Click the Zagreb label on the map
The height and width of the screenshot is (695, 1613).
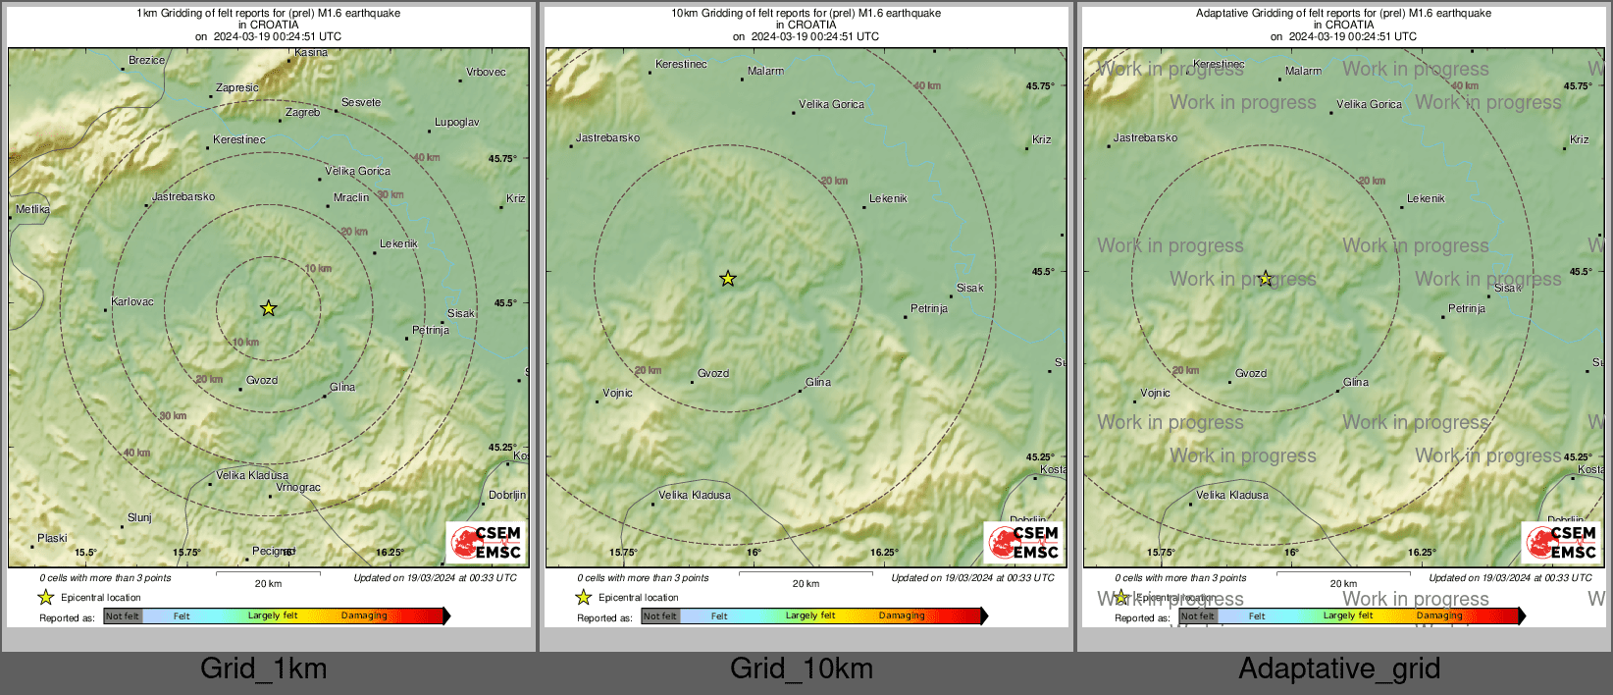(x=302, y=113)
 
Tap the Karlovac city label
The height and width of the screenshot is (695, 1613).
(x=132, y=302)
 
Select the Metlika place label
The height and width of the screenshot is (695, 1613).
(x=32, y=210)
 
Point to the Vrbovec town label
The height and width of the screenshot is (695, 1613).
(x=486, y=73)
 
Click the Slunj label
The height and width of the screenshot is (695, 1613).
(x=139, y=518)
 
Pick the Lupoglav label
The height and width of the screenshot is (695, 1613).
(x=456, y=123)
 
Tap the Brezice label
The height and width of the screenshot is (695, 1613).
(x=147, y=61)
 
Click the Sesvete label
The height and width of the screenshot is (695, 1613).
(x=361, y=103)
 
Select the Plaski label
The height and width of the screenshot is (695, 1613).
(x=52, y=539)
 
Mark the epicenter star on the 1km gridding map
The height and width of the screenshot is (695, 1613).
(x=268, y=308)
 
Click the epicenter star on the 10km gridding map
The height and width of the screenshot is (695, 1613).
(x=727, y=279)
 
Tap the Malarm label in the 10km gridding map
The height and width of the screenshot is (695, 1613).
(x=765, y=72)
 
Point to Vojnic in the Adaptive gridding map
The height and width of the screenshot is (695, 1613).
(x=1155, y=394)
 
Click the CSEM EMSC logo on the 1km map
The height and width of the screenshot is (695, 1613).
(x=486, y=543)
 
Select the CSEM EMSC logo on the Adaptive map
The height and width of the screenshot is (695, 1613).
(x=1561, y=543)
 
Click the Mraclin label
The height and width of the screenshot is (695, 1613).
(x=351, y=198)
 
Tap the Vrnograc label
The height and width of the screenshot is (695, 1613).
(x=298, y=488)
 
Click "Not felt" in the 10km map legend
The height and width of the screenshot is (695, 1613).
(x=660, y=616)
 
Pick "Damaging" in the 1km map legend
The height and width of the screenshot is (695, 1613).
(x=364, y=616)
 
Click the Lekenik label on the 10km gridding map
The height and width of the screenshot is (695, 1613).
(x=888, y=199)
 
